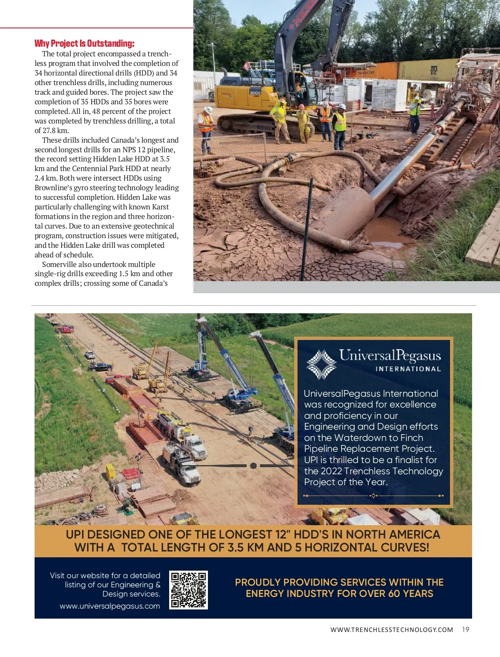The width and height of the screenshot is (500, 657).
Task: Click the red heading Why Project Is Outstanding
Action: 84,43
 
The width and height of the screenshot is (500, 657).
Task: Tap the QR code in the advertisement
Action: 188,590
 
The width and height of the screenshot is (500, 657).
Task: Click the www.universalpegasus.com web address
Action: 110,606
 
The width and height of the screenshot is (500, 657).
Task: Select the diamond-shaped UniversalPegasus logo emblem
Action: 321,364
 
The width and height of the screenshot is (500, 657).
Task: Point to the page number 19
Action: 465,630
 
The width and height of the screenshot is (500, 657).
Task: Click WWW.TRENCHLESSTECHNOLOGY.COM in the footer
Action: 391,630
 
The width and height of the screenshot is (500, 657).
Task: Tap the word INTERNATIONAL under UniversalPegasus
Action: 408,369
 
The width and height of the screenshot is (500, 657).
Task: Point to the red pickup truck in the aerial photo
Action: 65,329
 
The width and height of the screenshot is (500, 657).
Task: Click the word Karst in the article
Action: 160,207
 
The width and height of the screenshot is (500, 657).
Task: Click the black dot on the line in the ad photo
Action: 253,466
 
